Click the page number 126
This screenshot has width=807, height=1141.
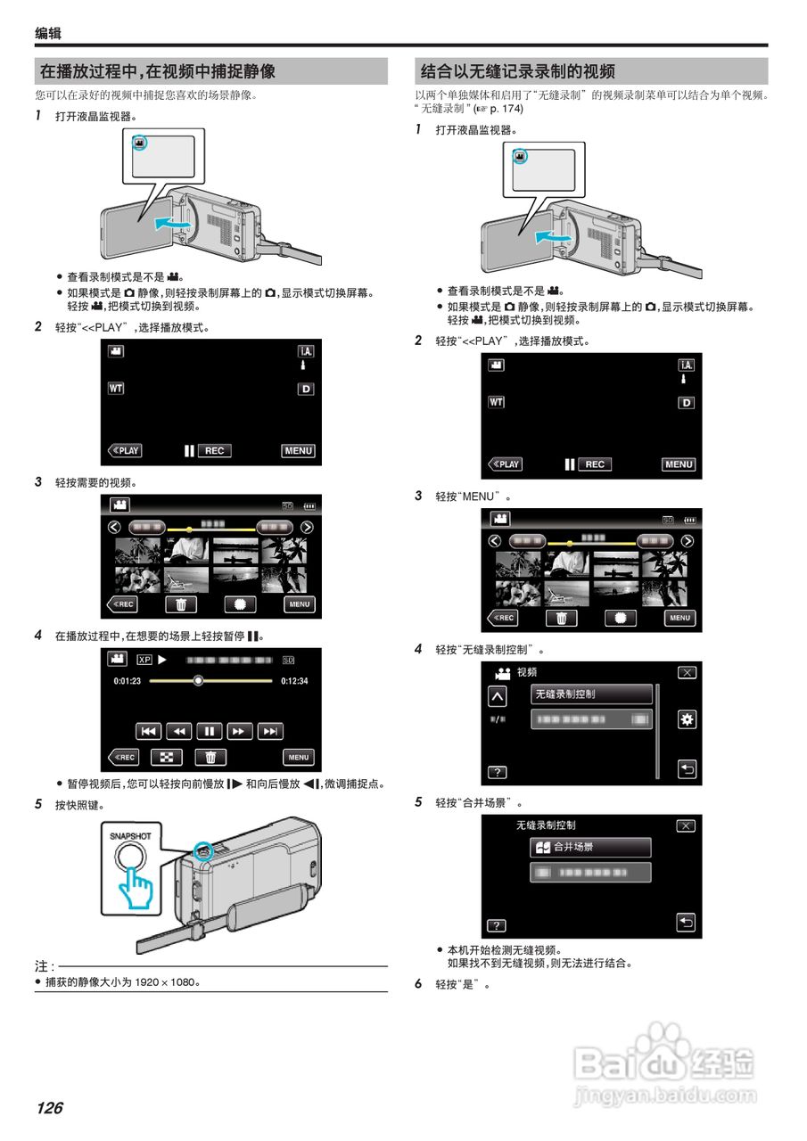tap(50, 1108)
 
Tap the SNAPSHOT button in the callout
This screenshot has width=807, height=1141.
tap(130, 858)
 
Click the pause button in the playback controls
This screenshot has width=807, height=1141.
tap(209, 731)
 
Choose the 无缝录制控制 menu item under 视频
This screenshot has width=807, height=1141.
tap(592, 694)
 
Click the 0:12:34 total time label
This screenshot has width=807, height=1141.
tap(293, 681)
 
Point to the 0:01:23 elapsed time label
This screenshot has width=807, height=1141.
tap(128, 681)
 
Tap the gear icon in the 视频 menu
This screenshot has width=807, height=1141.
tap(687, 719)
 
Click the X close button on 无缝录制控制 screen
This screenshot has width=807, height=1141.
tap(686, 825)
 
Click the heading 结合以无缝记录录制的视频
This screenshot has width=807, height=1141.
tap(518, 71)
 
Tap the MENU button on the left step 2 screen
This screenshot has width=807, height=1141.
tap(299, 450)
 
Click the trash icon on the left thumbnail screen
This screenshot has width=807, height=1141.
tap(180, 604)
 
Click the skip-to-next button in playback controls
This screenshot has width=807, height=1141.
tap(270, 731)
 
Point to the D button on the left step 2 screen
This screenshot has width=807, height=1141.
tap(306, 389)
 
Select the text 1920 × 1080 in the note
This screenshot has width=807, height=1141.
tap(158, 982)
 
